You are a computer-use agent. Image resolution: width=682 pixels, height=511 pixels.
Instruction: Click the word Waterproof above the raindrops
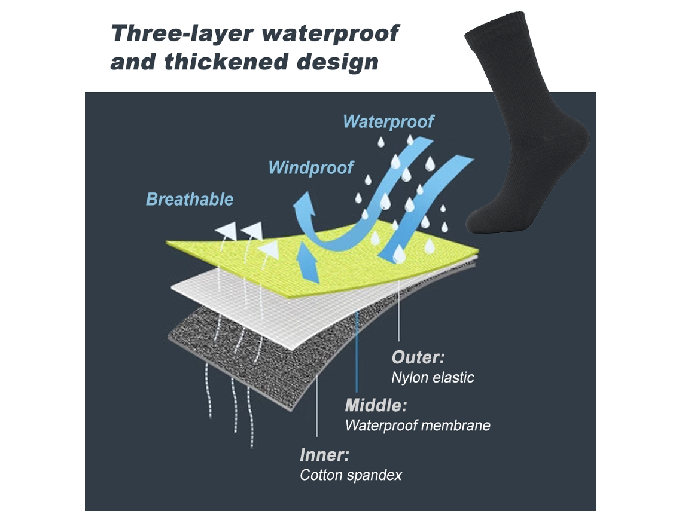click(x=388, y=122)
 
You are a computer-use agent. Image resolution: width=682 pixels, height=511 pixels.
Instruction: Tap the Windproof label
click(x=310, y=168)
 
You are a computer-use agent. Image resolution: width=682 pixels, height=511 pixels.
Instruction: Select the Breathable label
click(x=190, y=200)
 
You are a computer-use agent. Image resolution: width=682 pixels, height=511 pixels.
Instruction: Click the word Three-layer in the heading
click(x=182, y=33)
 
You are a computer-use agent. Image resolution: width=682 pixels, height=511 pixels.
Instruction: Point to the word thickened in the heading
click(x=226, y=62)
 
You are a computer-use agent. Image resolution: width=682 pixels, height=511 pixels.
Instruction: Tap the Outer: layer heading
click(x=418, y=357)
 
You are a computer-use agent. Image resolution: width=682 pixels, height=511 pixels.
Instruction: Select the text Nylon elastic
click(x=433, y=377)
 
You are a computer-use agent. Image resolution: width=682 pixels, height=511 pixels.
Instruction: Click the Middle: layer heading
click(x=376, y=405)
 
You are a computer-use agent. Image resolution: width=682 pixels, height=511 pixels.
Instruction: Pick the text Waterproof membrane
click(x=418, y=425)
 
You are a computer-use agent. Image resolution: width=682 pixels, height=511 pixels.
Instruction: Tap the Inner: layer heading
click(x=324, y=455)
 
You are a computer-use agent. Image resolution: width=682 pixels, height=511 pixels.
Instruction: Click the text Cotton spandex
click(x=351, y=475)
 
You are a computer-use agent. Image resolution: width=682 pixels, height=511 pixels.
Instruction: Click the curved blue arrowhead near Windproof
click(x=304, y=203)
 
